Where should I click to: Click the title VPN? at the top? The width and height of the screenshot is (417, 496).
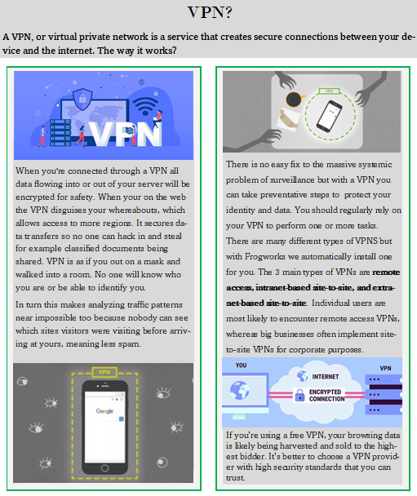210,12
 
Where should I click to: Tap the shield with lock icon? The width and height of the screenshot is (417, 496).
82,99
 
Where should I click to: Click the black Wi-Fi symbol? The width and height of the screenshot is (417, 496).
145,106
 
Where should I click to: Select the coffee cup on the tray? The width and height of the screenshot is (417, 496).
295,99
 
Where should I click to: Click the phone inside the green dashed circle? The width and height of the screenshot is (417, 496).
330,116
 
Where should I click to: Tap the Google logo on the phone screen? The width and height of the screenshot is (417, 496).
104,411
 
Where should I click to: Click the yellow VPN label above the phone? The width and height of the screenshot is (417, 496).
104,372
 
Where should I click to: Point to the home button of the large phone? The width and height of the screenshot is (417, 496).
104,467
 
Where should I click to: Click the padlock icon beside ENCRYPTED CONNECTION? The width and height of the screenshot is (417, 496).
299,395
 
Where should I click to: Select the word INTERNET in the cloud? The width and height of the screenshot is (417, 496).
326,376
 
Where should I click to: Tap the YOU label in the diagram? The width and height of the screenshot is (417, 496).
241,365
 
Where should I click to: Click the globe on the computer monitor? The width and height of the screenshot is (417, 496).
239,390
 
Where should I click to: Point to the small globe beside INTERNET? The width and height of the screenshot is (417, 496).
303,376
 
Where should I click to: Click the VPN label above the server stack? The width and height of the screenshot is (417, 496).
385,368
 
